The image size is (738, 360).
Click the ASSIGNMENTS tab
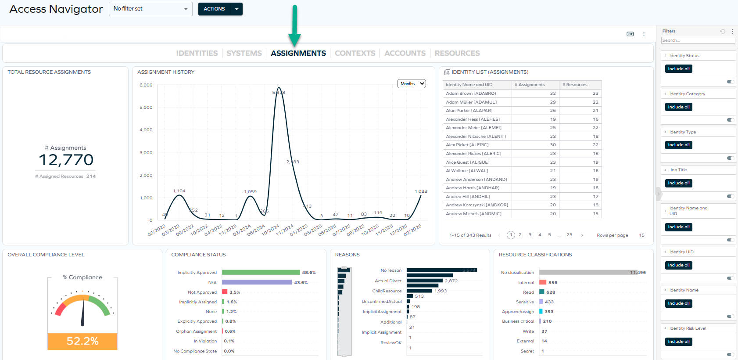298,53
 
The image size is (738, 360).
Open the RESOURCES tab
457,53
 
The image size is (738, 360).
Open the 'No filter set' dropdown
150,9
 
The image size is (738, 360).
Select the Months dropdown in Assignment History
412,84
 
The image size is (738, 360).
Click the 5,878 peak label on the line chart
279,93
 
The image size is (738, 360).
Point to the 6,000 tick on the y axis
146,85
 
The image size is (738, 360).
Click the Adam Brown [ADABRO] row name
471,94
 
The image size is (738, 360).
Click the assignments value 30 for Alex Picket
553,145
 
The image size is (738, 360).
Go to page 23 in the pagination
569,235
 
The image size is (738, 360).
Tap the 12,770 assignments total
66,160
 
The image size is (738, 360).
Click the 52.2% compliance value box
82,341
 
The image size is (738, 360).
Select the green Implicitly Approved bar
261,273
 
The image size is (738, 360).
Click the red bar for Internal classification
543,283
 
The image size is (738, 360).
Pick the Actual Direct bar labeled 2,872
424,281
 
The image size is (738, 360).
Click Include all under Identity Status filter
678,69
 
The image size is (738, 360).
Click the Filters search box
698,40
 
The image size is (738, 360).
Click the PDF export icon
630,34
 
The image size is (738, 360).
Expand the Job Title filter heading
678,170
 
